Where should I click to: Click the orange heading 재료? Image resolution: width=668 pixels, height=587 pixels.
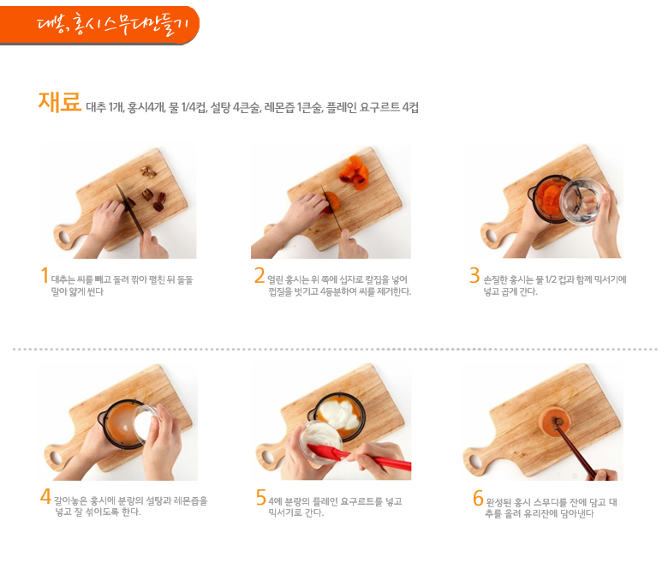click(59, 102)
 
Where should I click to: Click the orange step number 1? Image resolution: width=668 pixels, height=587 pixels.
click(45, 275)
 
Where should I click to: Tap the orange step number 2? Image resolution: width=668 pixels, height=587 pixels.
click(259, 275)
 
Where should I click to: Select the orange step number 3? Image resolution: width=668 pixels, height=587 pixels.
click(474, 275)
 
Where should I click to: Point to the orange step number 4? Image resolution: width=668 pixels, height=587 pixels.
click(45, 496)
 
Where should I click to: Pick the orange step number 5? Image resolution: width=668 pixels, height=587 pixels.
click(260, 497)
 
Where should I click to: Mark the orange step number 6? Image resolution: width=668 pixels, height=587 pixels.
click(478, 498)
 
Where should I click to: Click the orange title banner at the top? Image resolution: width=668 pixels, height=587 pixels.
click(99, 25)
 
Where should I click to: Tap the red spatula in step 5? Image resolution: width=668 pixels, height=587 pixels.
click(359, 457)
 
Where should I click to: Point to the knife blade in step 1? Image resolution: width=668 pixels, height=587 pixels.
click(130, 209)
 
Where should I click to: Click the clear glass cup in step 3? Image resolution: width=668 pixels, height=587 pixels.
click(581, 201)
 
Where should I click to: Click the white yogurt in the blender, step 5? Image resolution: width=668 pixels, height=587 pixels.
click(340, 414)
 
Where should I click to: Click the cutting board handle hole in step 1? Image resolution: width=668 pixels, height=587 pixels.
click(64, 237)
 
